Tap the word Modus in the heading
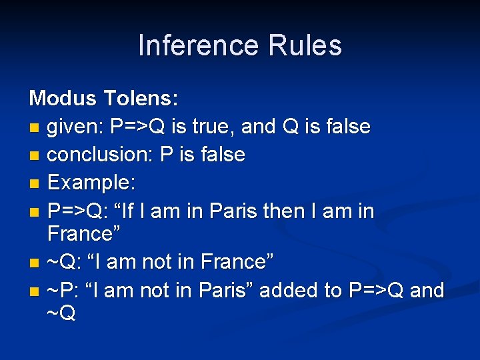[x=63, y=99]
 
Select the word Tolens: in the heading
[x=141, y=99]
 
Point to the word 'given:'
[x=76, y=127]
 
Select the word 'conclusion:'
[x=101, y=155]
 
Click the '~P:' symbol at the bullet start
[x=64, y=290]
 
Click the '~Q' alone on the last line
[x=61, y=313]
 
